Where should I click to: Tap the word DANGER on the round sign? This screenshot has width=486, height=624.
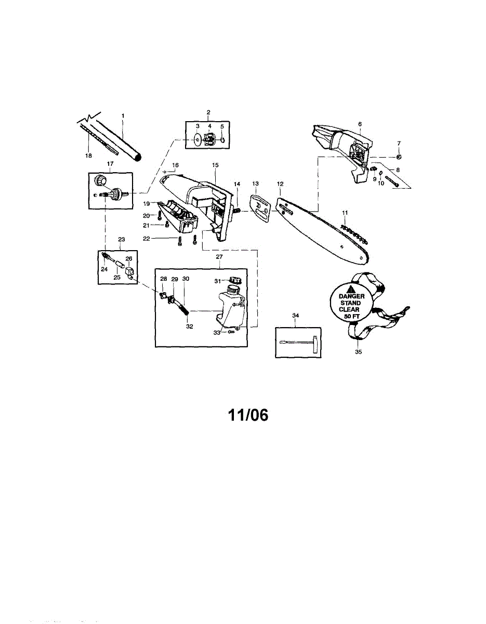351,296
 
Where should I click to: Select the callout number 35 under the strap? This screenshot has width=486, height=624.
358,352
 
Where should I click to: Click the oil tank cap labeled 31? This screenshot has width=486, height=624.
234,279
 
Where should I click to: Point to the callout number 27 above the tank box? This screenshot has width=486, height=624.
219,257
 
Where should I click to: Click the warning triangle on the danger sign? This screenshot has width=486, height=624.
349,289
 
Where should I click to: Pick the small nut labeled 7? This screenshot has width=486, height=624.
399,157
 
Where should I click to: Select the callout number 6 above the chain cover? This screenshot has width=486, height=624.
360,124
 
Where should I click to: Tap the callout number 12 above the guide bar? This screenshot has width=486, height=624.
280,184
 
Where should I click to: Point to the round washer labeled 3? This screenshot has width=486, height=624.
197,139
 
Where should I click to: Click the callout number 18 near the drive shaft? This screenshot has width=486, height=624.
88,155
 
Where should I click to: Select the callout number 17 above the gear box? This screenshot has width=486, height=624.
110,164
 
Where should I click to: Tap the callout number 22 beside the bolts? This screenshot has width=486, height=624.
147,238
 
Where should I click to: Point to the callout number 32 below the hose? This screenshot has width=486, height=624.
190,326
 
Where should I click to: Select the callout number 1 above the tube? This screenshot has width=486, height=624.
123,116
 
